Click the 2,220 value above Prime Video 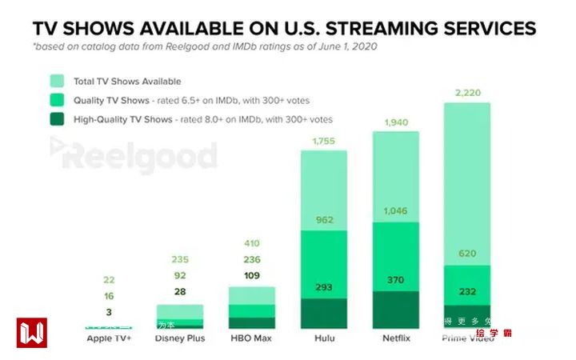[x=466, y=94]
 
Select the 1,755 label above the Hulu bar [x=323, y=142]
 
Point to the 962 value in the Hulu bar [x=323, y=218]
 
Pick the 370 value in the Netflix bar [x=396, y=280]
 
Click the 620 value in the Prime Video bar [x=466, y=253]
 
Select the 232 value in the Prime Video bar [x=466, y=292]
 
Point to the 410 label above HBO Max [x=252, y=242]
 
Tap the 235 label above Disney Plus [x=180, y=260]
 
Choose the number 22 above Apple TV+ [x=109, y=279]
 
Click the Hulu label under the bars [x=323, y=338]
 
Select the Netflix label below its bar [x=396, y=338]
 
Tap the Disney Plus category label [x=180, y=338]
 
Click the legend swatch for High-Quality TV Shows [x=57, y=119]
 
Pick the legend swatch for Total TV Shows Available [x=57, y=81]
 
